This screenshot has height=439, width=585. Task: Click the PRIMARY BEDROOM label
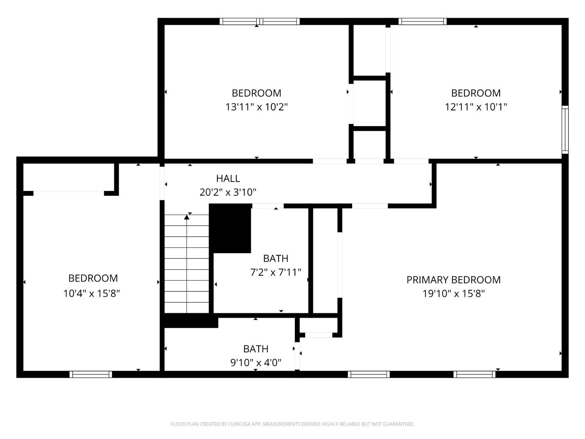point(453,280)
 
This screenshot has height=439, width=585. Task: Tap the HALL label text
point(228,178)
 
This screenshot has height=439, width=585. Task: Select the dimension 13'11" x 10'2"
point(256,107)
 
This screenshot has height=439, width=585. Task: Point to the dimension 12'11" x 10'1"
point(476,107)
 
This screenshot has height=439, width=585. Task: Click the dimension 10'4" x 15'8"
point(91,293)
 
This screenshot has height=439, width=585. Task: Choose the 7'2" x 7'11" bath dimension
point(276,272)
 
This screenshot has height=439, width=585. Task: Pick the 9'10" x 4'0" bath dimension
point(256,363)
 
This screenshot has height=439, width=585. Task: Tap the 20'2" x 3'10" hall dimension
point(228,192)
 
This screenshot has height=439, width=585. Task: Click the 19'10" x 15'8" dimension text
point(453,294)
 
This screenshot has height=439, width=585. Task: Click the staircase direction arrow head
point(186,217)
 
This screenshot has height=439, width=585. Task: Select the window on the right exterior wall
point(565,130)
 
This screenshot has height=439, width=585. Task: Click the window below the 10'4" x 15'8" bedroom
point(90,375)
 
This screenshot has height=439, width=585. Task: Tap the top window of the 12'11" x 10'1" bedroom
point(422,21)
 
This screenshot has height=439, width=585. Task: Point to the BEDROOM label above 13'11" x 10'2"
point(256,93)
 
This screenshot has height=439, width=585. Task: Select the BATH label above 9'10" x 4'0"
point(256,349)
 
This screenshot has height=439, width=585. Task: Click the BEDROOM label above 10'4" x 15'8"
point(93,278)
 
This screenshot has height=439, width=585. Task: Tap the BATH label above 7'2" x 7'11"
point(276,259)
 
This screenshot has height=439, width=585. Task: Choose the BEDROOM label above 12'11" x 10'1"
point(476,93)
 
